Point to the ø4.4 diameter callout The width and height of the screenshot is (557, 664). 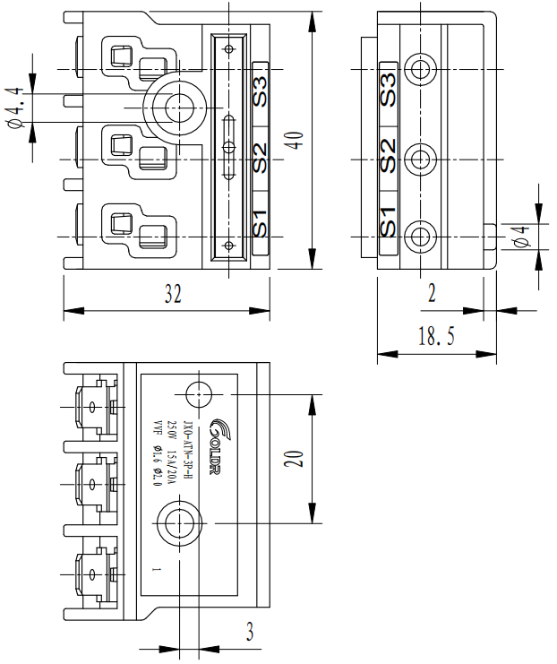click(15, 107)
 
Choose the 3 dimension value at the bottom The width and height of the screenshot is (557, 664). click(250, 632)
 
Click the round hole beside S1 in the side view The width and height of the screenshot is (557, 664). click(419, 237)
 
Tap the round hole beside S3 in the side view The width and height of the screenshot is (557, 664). click(419, 68)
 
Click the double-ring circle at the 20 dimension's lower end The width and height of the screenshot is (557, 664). click(180, 522)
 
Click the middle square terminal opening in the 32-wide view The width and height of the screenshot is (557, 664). click(120, 142)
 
